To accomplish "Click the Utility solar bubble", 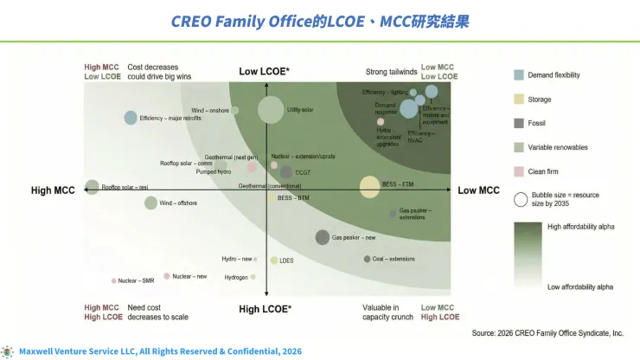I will click(271, 110).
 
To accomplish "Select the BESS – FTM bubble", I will click(369, 185).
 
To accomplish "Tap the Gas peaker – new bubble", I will click(313, 237).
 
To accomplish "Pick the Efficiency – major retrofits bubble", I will click(131, 118).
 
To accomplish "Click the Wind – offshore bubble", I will click(150, 203).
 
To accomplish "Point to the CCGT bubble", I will click(286, 172).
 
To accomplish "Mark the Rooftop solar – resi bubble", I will click(92, 187).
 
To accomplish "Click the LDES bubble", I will click(274, 260).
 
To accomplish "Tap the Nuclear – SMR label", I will click(136, 280).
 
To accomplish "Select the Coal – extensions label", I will click(394, 259).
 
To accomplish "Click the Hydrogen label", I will click(236, 278).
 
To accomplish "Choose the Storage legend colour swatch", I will click(519, 99).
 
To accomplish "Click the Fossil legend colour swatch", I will click(519, 123).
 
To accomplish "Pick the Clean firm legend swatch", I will click(519, 171).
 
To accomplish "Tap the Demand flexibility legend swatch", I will click(519, 75).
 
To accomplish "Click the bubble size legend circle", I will click(521, 200).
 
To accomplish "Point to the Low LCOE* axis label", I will click(265, 70).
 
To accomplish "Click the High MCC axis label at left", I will click(54, 190).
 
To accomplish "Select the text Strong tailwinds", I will click(389, 70).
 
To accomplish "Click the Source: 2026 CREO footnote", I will click(547, 332).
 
